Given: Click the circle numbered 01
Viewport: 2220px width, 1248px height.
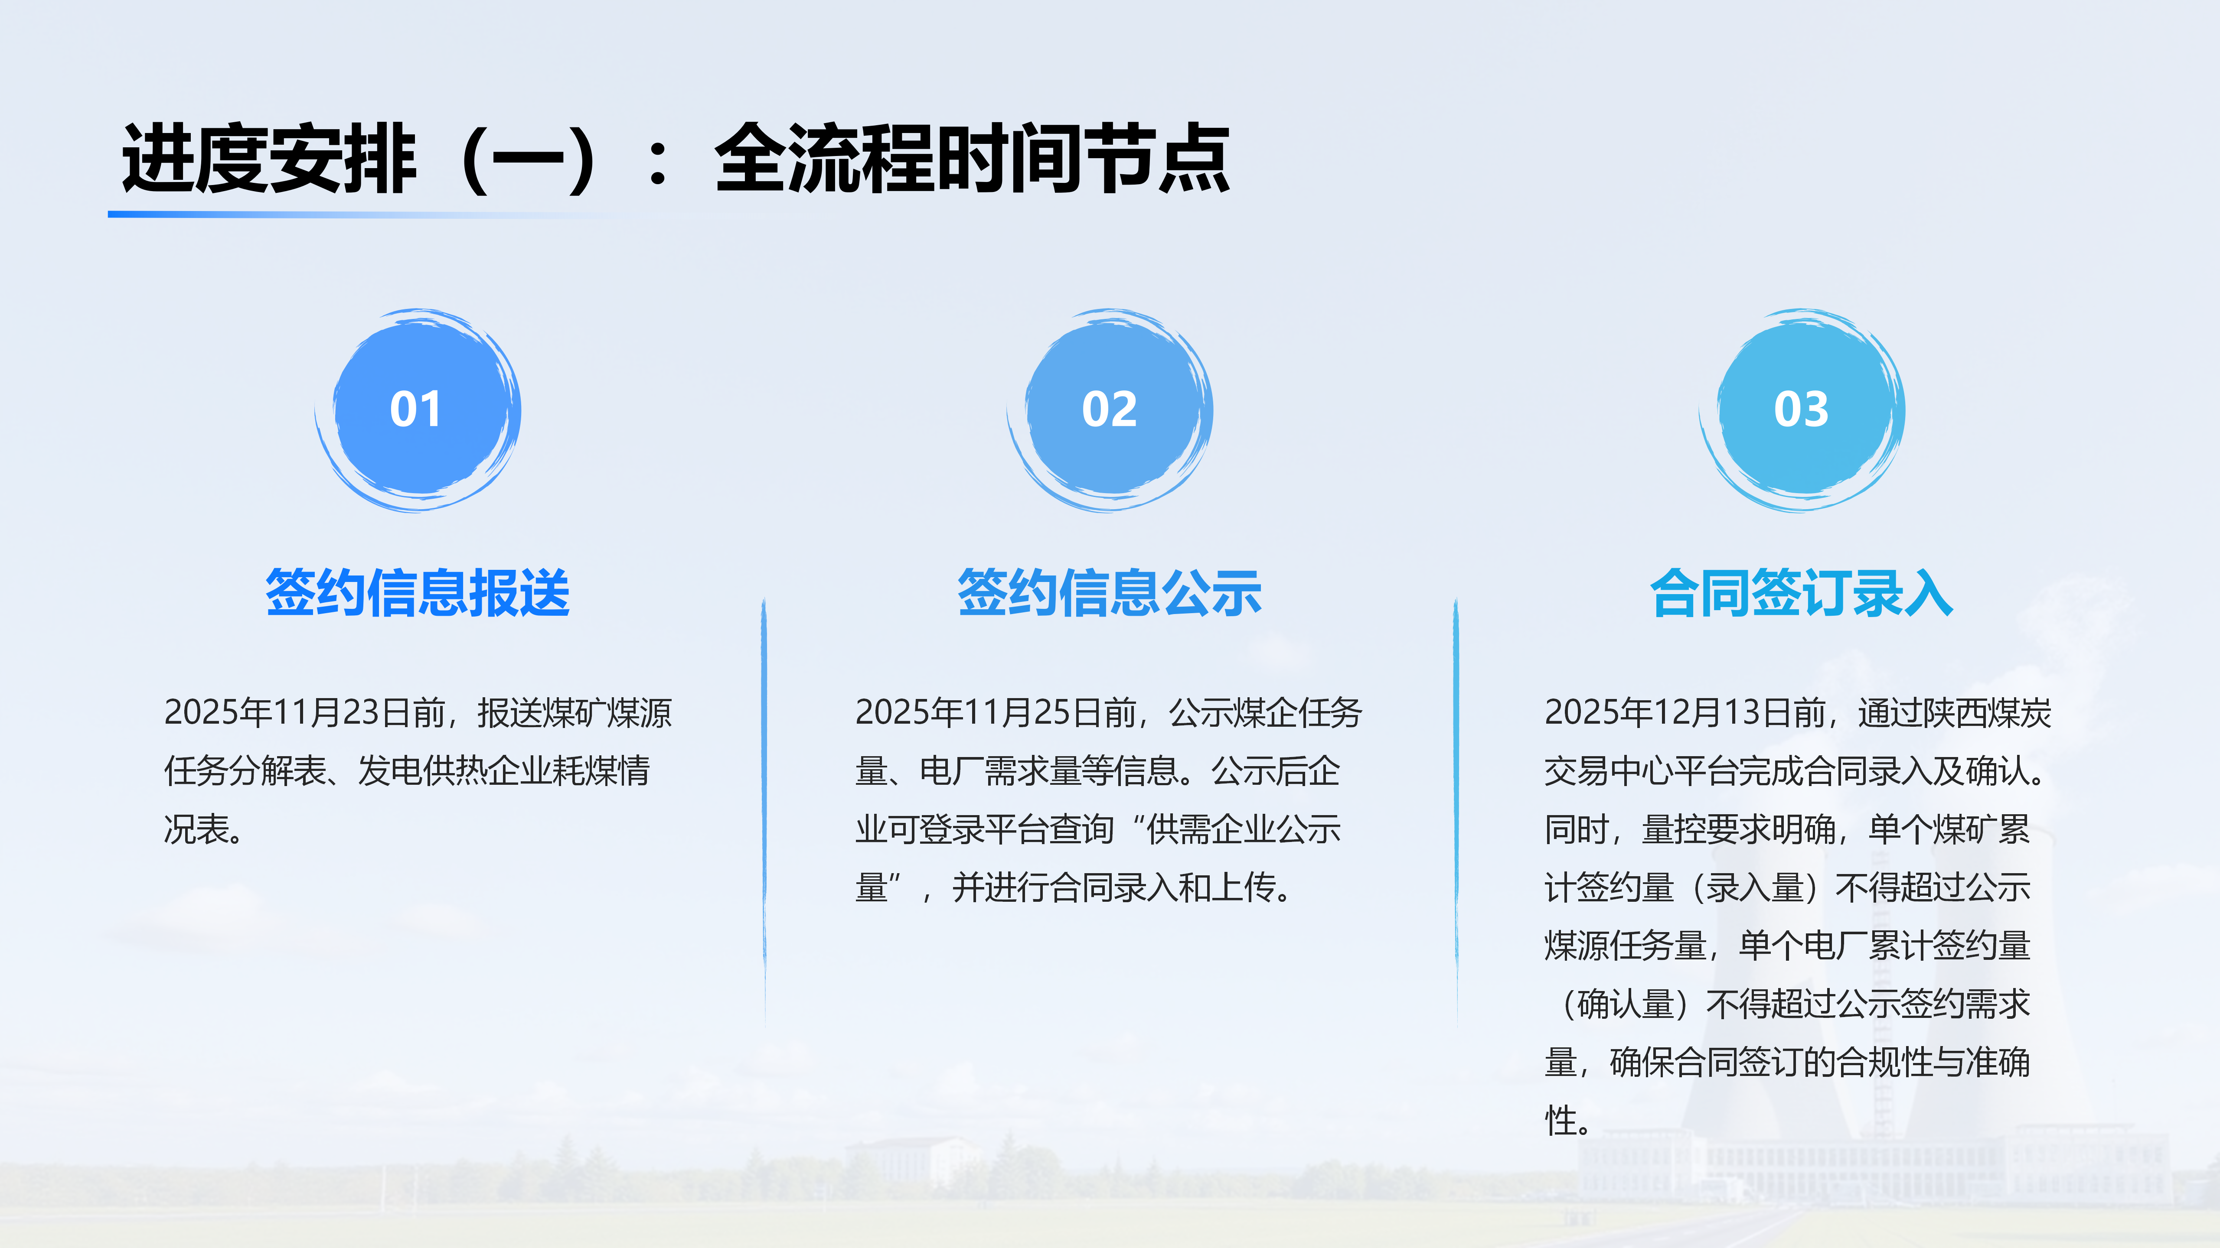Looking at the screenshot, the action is click(418, 410).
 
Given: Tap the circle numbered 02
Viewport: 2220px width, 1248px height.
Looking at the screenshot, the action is click(1110, 410).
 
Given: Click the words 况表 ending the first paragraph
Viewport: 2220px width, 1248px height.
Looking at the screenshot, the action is click(196, 829).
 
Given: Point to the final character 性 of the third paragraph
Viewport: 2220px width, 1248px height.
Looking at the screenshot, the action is click(1561, 1121).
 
